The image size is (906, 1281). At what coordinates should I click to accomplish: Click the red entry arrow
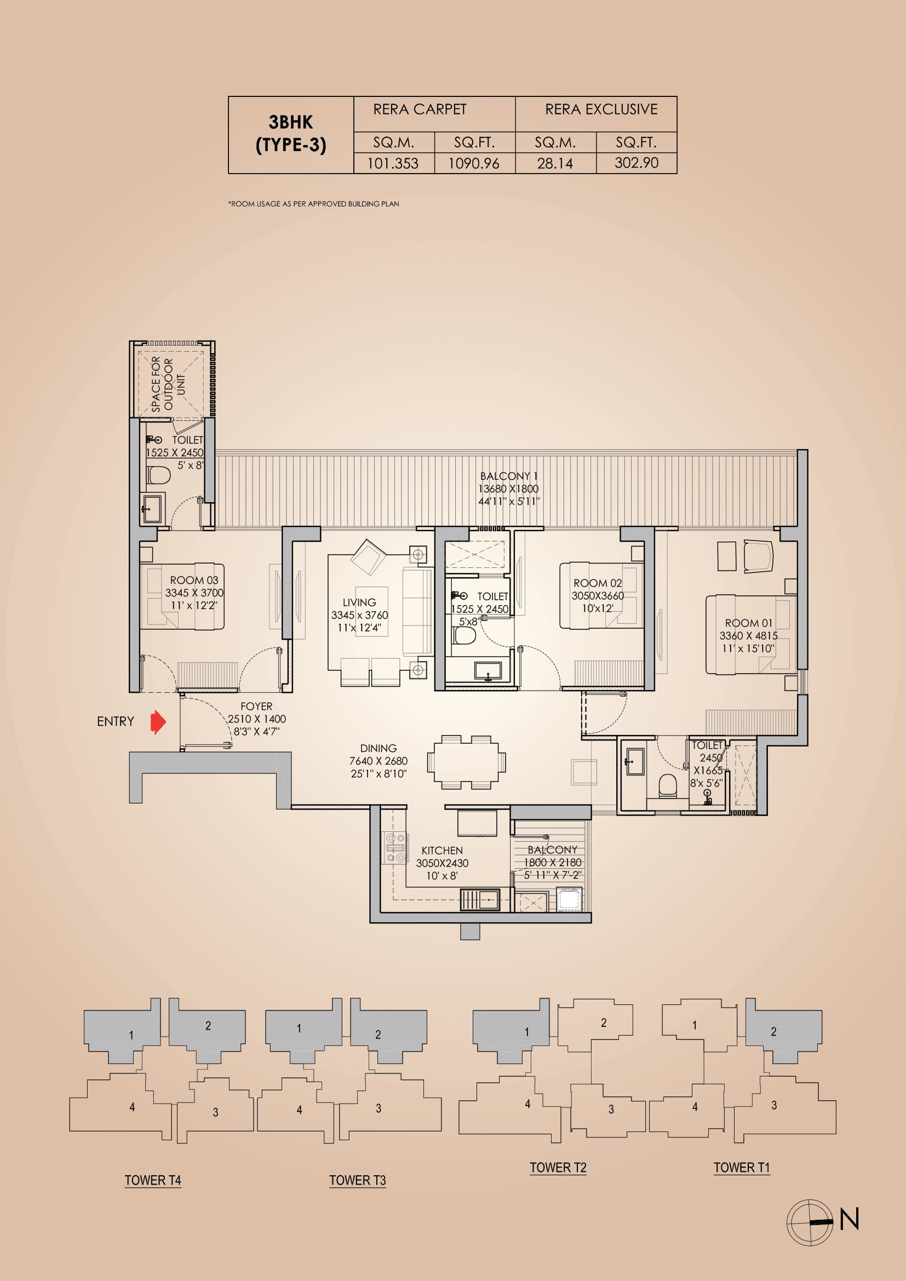pos(158,722)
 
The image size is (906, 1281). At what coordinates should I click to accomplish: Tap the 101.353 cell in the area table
pos(393,163)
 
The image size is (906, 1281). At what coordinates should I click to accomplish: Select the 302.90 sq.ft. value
pos(637,163)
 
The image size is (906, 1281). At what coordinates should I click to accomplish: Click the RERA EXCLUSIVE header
pos(601,110)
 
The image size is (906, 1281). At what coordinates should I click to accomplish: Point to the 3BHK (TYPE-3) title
pos(291,133)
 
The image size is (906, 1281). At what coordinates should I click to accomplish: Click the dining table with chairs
pos(466,762)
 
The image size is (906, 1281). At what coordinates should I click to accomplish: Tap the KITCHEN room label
pos(442,851)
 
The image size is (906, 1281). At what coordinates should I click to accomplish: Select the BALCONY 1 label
pos(509,476)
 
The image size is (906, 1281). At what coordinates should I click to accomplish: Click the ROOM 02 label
pos(598,583)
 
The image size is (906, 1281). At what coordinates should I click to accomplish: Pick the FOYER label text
pos(256,706)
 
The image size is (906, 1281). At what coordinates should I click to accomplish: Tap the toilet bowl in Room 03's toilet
pos(158,475)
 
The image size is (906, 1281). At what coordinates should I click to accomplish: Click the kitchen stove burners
pos(395,847)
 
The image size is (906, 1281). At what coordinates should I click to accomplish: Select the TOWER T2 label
pos(558,1168)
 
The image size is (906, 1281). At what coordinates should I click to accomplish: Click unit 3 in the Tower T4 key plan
pos(215,1112)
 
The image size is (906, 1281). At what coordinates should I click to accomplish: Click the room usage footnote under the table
pos(313,204)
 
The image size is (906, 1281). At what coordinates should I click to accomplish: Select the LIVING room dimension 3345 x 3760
pos(359,615)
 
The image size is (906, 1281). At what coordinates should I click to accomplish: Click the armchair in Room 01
pos(758,556)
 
